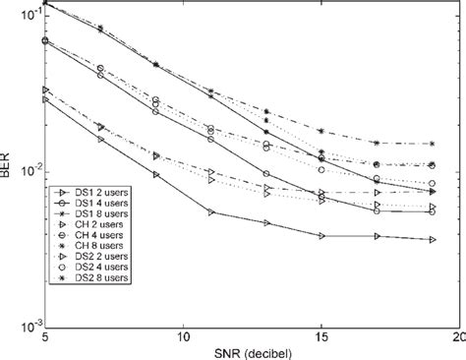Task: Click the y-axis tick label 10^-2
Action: [x=28, y=169]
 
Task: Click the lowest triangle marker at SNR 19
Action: [x=434, y=240]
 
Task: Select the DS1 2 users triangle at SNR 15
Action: [x=322, y=236]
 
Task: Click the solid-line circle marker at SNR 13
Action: [x=266, y=174]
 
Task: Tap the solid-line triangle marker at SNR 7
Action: [x=100, y=140]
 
